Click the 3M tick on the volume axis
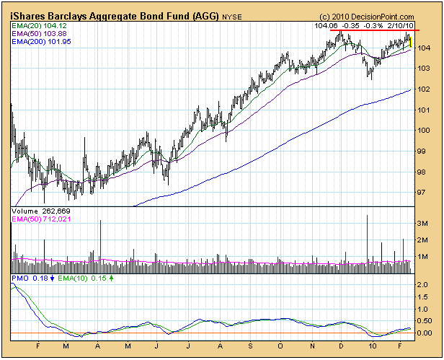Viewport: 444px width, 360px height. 425,224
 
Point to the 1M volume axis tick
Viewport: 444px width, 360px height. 425,257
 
